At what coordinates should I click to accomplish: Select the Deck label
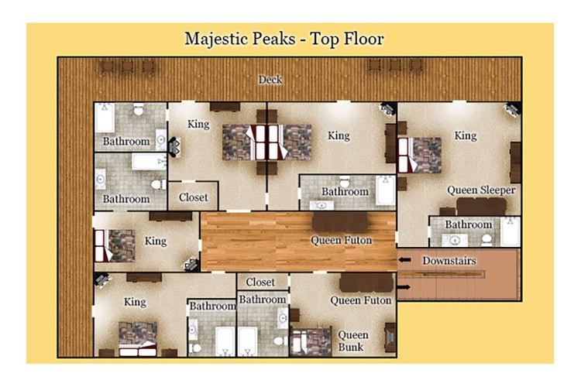(270, 79)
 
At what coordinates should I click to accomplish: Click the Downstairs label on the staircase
(449, 261)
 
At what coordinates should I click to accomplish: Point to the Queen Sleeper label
(481, 190)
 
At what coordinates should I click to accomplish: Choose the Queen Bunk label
(353, 341)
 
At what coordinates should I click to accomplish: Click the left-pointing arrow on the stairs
(404, 260)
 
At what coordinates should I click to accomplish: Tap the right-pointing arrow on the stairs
(404, 286)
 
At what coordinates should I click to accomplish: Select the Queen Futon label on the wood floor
(341, 241)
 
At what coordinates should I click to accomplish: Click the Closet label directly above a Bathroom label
(260, 283)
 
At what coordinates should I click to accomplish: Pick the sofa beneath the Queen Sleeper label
(481, 207)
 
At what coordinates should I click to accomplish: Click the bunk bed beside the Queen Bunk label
(311, 341)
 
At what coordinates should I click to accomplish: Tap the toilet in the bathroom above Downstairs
(486, 240)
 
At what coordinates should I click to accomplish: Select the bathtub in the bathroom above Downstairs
(511, 232)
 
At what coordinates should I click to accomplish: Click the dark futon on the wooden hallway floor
(340, 222)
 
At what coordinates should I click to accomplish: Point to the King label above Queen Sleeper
(466, 135)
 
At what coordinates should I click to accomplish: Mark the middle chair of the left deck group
(128, 67)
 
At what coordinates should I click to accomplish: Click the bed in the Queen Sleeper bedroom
(419, 155)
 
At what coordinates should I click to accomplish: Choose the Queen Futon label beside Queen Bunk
(360, 300)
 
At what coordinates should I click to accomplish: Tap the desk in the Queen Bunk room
(390, 337)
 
